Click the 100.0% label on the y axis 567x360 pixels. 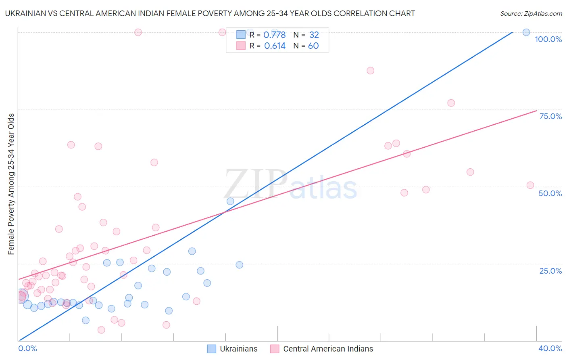click(x=548, y=39)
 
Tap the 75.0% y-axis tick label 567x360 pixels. click(x=550, y=116)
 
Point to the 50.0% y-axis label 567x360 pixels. click(x=550, y=193)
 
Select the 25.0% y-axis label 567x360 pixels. click(x=550, y=270)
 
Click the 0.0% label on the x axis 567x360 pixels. click(x=27, y=348)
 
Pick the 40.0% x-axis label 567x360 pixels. click(x=550, y=348)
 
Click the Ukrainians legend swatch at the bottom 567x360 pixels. click(x=212, y=349)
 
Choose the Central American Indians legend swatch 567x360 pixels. click(x=275, y=349)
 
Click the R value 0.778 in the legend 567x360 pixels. click(x=274, y=35)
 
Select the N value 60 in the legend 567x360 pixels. click(x=313, y=46)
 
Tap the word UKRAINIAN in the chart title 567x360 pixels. click(x=25, y=14)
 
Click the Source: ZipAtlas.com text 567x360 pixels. click(x=531, y=14)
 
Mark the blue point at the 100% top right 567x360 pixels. click(x=526, y=32)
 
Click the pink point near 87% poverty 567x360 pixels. click(x=371, y=71)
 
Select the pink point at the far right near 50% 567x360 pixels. click(x=530, y=185)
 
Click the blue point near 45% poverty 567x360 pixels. click(x=230, y=201)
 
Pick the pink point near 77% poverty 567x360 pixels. click(x=451, y=103)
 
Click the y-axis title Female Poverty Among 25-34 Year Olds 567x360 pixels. click(x=11, y=184)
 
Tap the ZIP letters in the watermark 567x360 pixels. click(x=256, y=184)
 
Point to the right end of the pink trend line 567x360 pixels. click(x=536, y=111)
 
